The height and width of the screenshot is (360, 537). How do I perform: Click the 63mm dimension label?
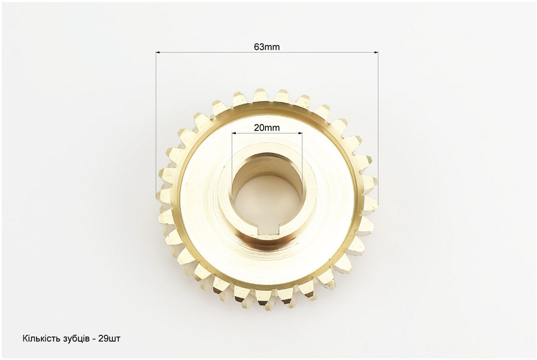pyautogui.click(x=267, y=47)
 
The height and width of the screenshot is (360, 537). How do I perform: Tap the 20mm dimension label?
pyautogui.click(x=267, y=128)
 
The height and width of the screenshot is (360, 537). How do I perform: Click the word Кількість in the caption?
pyautogui.click(x=41, y=339)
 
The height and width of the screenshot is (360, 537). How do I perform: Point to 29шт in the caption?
pyautogui.click(x=109, y=339)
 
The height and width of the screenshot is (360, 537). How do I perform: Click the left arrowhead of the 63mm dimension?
pyautogui.click(x=158, y=53)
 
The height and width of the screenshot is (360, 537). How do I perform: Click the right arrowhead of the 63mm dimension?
pyautogui.click(x=376, y=53)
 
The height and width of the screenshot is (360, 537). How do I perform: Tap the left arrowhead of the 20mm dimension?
pyautogui.click(x=234, y=133)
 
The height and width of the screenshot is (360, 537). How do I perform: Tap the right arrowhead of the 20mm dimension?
pyautogui.click(x=300, y=133)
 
